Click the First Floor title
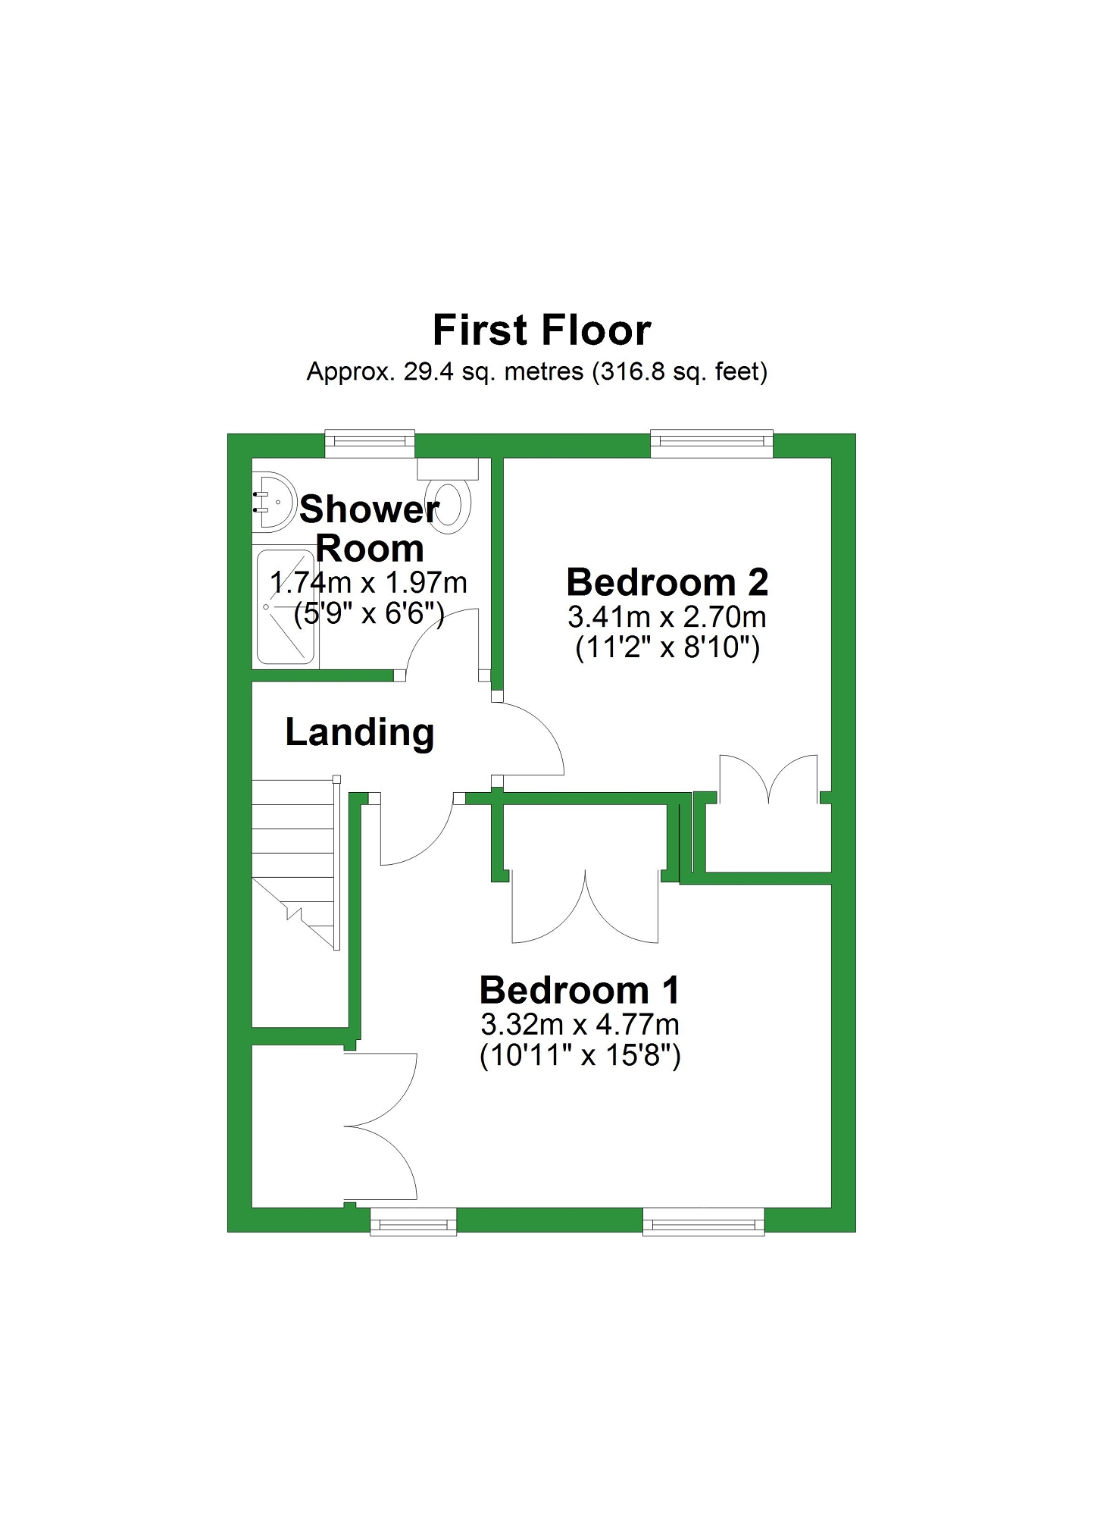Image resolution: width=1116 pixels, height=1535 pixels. tap(542, 330)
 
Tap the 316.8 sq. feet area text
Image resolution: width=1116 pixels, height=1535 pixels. tap(680, 372)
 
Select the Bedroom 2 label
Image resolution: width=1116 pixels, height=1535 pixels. tap(667, 582)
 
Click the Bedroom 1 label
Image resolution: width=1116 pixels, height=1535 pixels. tap(580, 990)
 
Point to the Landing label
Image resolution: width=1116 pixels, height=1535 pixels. tap(360, 732)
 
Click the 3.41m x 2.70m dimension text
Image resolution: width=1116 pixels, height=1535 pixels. tap(667, 617)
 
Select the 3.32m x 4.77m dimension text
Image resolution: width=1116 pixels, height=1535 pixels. tap(580, 1024)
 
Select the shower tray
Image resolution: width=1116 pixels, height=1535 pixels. tap(285, 606)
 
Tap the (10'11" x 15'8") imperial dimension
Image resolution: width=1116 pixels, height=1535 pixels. tap(580, 1056)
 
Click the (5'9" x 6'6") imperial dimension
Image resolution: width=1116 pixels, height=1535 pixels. tap(369, 613)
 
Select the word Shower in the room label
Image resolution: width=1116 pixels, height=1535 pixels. tap(369, 509)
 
